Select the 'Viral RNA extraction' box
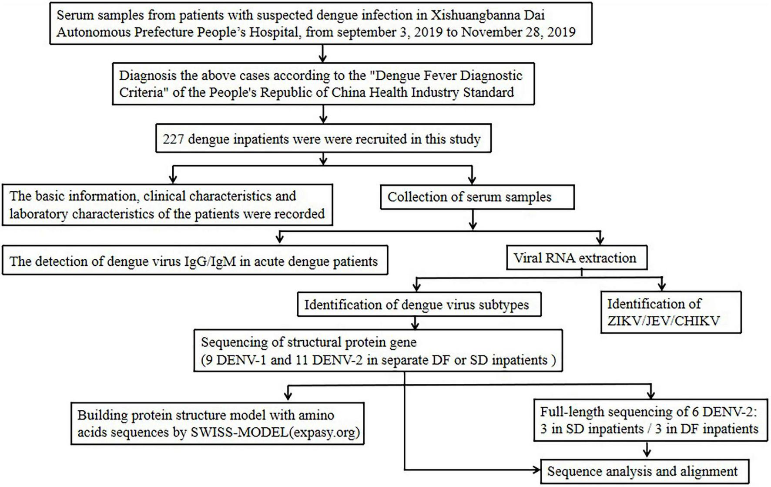click(x=577, y=258)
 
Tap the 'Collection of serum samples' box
click(x=477, y=197)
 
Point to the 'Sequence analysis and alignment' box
click(x=644, y=471)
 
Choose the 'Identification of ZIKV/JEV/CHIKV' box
click(x=670, y=312)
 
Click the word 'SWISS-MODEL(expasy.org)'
click(x=275, y=433)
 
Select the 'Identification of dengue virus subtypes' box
click(x=419, y=304)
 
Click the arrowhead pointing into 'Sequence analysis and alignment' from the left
click(x=536, y=470)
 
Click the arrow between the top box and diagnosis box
click(x=322, y=54)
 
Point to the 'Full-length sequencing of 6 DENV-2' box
click(x=650, y=420)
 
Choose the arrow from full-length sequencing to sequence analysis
click(x=647, y=450)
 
